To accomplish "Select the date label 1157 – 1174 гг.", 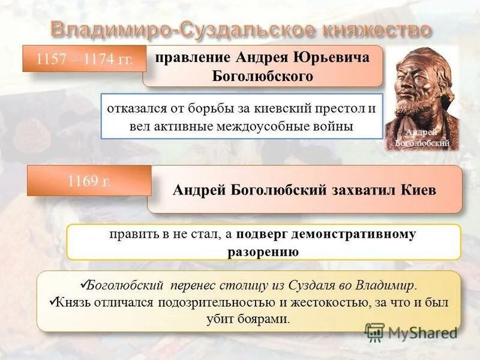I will click(85, 59).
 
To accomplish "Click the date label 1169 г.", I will click(89, 181).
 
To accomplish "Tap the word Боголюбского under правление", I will click(262, 76).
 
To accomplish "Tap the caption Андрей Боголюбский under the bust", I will click(421, 137).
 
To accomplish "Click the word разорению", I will click(263, 251).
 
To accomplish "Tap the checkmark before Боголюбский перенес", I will click(83, 284).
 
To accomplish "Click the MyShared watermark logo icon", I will click(374, 331).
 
